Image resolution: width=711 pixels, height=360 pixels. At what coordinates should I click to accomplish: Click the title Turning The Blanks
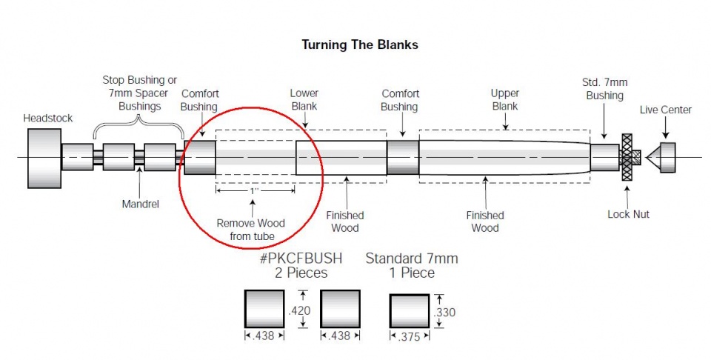(x=360, y=45)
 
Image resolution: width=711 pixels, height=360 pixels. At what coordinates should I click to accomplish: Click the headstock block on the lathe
(x=44, y=158)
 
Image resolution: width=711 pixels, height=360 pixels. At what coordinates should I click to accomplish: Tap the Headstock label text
(x=47, y=119)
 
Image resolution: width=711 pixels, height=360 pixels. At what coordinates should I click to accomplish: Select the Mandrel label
(x=141, y=204)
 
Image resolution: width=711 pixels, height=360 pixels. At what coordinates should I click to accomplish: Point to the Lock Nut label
(x=628, y=215)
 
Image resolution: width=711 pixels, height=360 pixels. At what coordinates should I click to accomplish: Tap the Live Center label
(x=665, y=110)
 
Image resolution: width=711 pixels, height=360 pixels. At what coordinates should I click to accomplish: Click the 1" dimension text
(x=255, y=191)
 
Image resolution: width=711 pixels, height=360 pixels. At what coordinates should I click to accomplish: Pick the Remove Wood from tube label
(x=250, y=230)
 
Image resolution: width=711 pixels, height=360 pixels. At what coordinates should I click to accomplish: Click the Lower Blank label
(x=304, y=100)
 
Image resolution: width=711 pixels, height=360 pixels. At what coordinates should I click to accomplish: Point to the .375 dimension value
(x=409, y=336)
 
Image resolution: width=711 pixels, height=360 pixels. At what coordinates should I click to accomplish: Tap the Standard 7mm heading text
(x=412, y=259)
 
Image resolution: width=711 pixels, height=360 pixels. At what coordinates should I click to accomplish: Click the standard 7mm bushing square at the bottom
(x=410, y=312)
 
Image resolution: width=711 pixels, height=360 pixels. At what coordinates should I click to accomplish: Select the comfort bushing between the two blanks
(x=403, y=157)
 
